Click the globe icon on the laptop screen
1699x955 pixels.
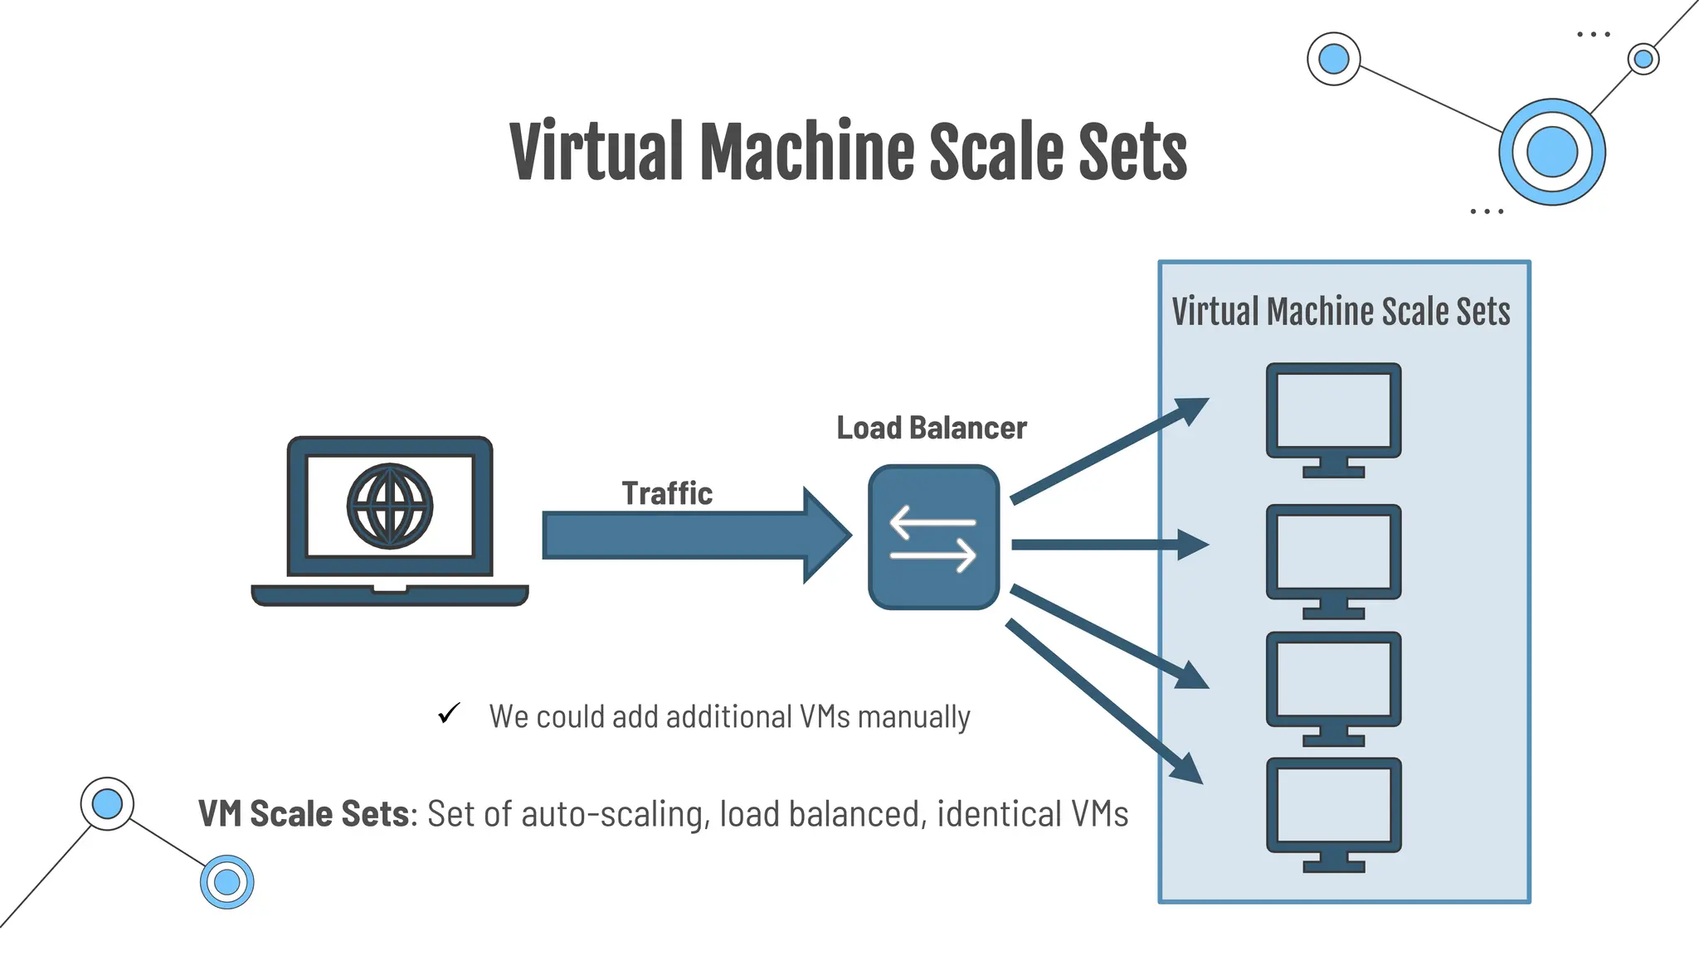(x=390, y=506)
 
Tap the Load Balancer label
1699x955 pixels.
(x=931, y=428)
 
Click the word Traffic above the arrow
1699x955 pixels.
(x=667, y=493)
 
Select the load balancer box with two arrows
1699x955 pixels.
(x=933, y=537)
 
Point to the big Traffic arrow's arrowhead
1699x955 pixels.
(x=825, y=536)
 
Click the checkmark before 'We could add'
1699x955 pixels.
(x=449, y=713)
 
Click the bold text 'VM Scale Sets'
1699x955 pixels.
(x=304, y=814)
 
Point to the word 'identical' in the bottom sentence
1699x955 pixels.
(x=998, y=814)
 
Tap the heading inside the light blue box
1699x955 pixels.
(x=1341, y=312)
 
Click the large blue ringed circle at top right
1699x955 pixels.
(x=1551, y=152)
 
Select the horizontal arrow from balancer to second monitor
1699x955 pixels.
(x=1103, y=545)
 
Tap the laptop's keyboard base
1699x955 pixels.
(x=390, y=595)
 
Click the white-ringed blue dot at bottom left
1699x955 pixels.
(x=107, y=803)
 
